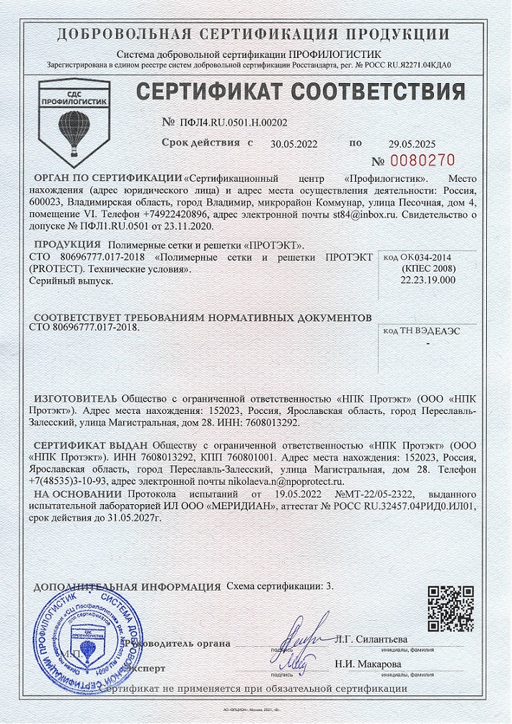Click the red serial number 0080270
pyautogui.click(x=422, y=159)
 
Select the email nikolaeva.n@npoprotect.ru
pyautogui.click(x=283, y=483)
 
